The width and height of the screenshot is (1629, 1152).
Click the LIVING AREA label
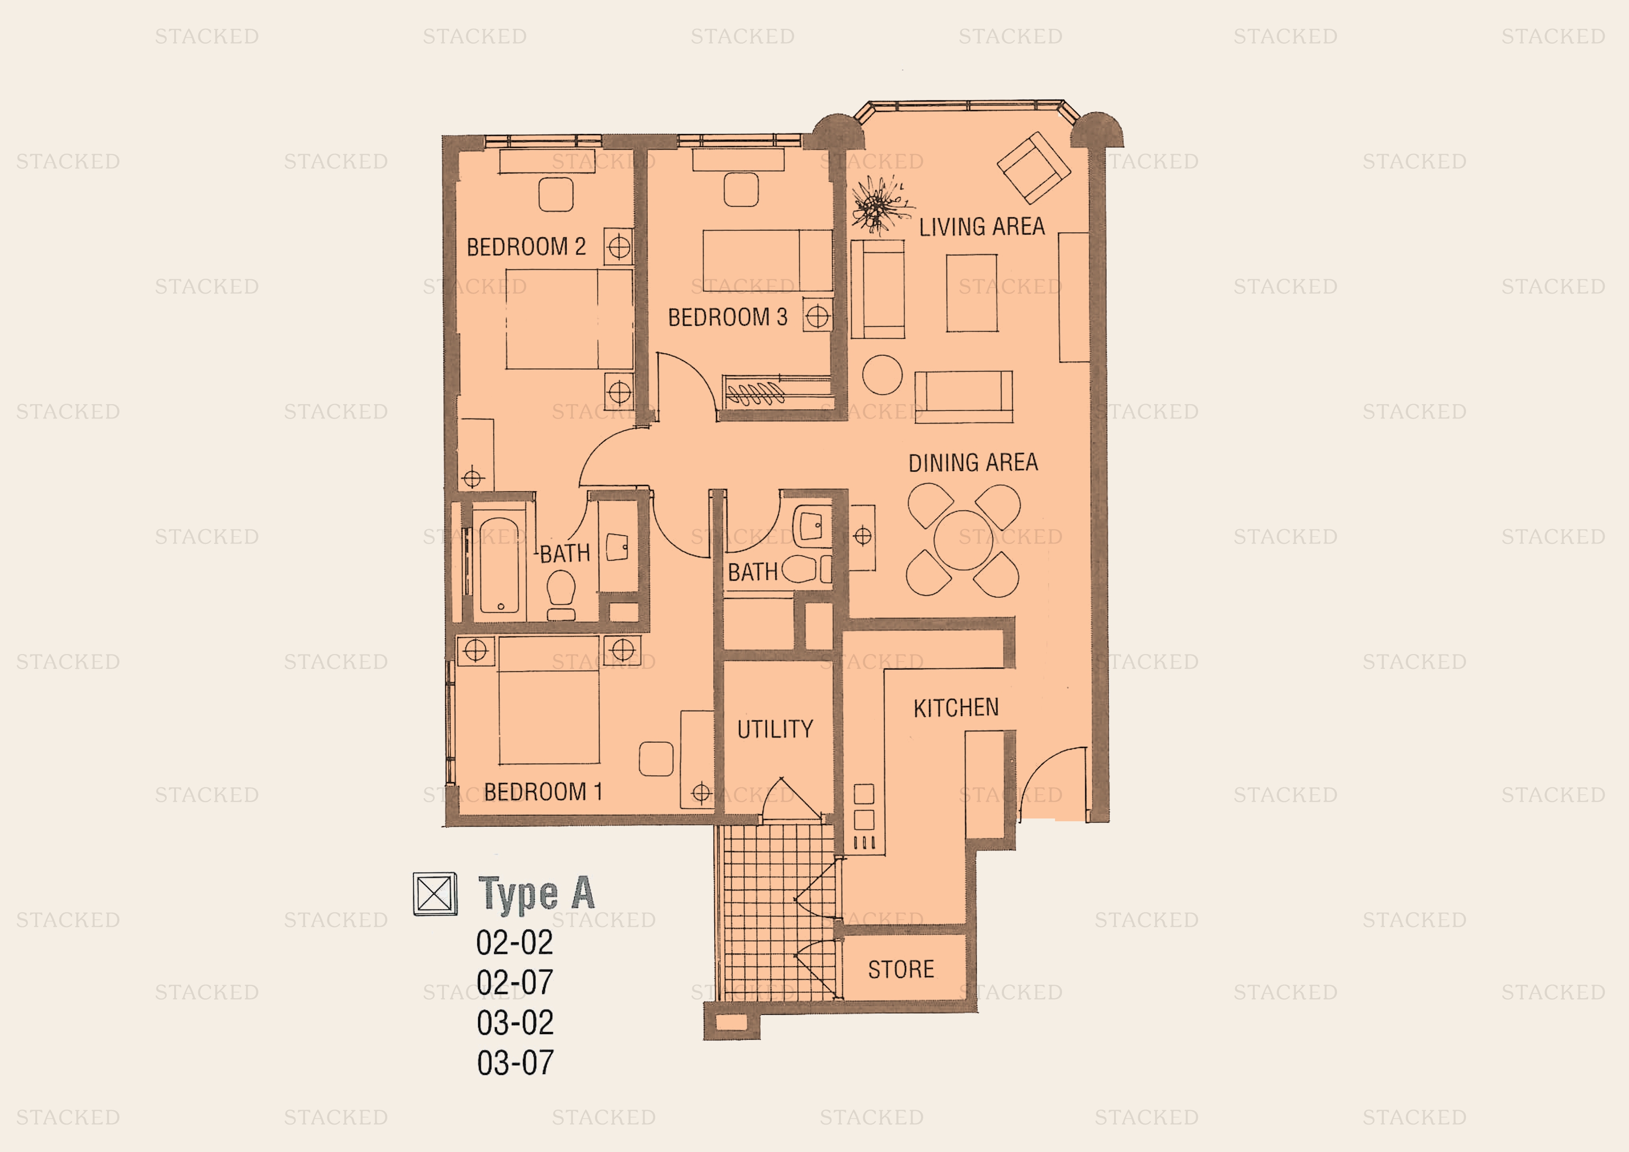[x=982, y=227]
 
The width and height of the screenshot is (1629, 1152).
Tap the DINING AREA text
[x=973, y=463]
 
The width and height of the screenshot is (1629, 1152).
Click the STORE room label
[x=901, y=969]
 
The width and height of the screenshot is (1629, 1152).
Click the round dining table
[x=964, y=541]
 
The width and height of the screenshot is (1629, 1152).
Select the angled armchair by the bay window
[x=1034, y=168]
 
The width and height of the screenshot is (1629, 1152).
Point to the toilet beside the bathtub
[x=561, y=595]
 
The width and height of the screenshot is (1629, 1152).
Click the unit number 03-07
[x=515, y=1062]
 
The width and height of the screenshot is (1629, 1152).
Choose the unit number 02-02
[x=515, y=943]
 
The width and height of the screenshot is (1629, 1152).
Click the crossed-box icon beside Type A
[x=435, y=894]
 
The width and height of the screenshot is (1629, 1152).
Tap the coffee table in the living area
[x=971, y=293]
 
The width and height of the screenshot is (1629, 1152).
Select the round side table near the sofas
[x=883, y=375]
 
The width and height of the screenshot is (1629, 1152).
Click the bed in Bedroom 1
[x=548, y=700]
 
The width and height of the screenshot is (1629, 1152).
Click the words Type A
[x=536, y=894]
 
